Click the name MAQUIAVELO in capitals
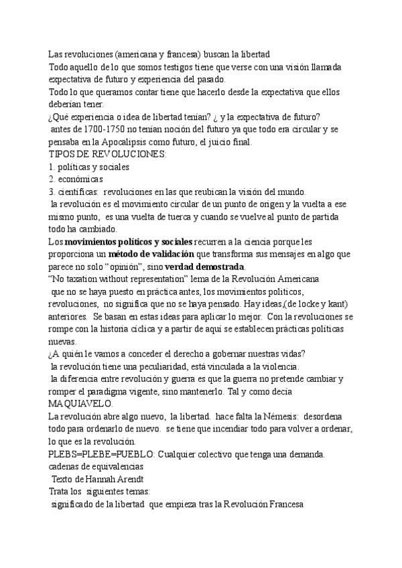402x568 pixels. (80, 405)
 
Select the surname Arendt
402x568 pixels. (125, 479)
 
